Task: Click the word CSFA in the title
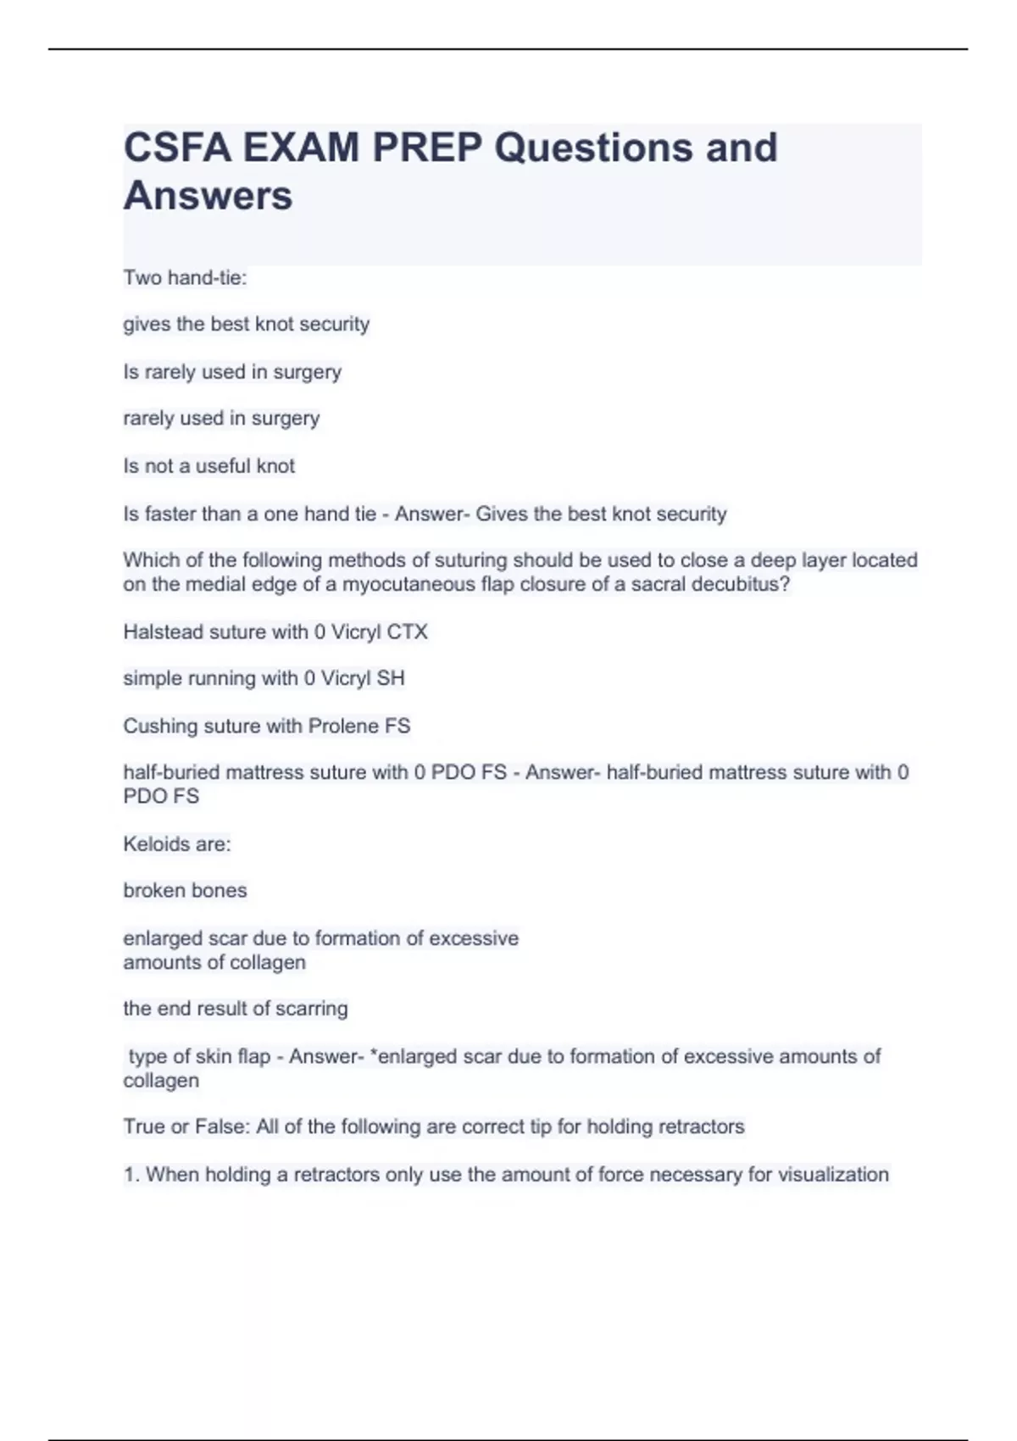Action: pyautogui.click(x=176, y=148)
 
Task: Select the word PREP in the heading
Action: pyautogui.click(x=427, y=148)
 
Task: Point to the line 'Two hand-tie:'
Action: pyautogui.click(x=185, y=278)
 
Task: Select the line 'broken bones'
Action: pyautogui.click(x=185, y=890)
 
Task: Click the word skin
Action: pyautogui.click(x=213, y=1056)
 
